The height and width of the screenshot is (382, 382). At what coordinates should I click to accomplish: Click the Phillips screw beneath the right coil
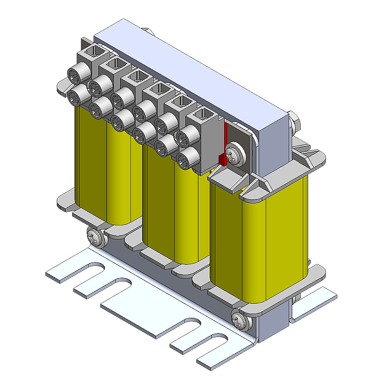click(x=240, y=320)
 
